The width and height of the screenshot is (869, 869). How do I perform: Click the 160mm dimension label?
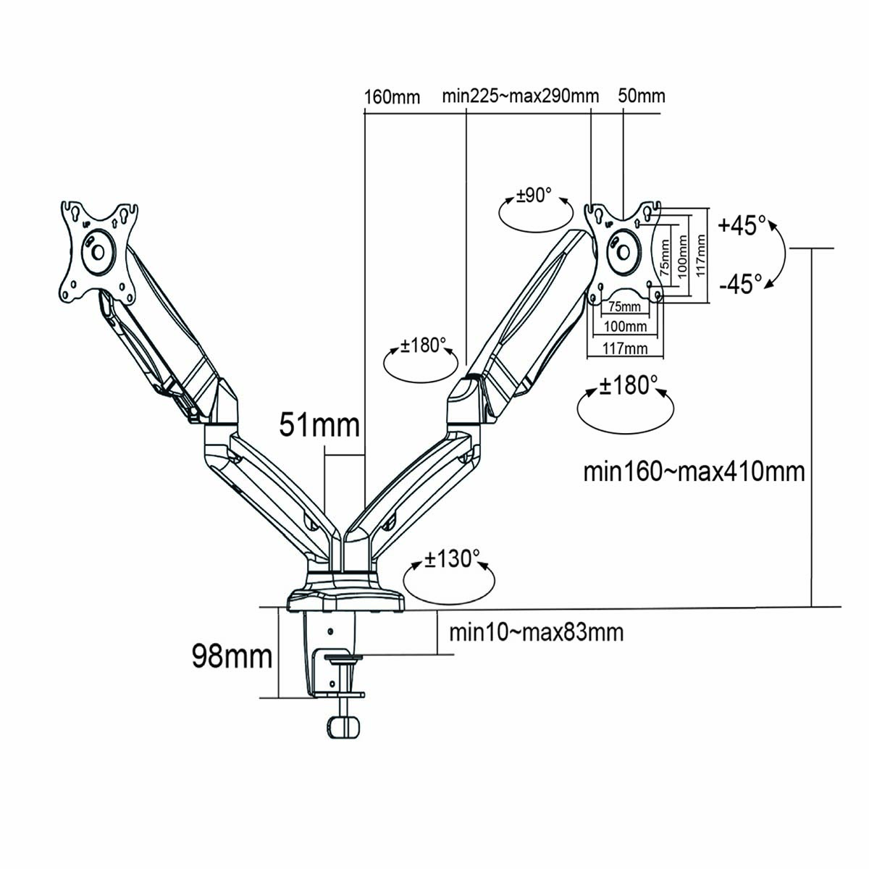(392, 96)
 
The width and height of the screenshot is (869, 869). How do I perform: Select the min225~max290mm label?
(521, 96)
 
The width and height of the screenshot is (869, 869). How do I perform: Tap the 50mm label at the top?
(641, 96)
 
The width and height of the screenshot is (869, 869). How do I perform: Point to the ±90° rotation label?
(534, 196)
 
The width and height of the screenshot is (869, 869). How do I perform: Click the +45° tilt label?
(742, 225)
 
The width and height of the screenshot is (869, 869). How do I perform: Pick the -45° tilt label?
(741, 282)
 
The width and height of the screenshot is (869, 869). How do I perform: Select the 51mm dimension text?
(319, 425)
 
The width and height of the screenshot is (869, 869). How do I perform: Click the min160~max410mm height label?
(694, 471)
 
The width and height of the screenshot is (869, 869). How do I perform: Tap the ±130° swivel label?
(452, 559)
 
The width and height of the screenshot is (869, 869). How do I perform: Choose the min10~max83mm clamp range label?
(536, 632)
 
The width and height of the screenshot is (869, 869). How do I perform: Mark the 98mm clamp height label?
(232, 656)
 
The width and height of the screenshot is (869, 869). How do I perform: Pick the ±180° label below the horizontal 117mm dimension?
(628, 385)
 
